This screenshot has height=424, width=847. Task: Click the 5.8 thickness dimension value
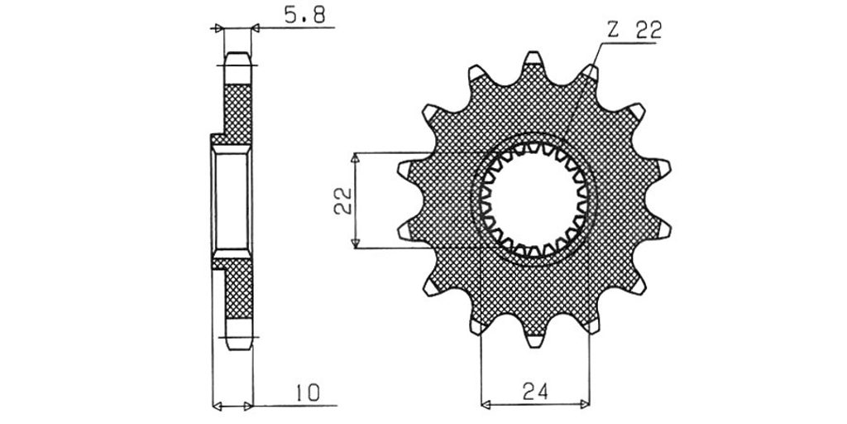tap(304, 15)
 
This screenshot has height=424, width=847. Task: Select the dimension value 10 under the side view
tap(308, 393)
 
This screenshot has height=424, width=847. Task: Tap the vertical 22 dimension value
tap(343, 201)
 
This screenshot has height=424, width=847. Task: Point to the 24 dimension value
tap(535, 391)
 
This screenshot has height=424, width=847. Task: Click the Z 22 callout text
tap(634, 31)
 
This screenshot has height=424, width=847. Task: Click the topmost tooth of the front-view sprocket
tap(534, 58)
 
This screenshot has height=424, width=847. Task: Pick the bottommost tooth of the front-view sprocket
tap(534, 340)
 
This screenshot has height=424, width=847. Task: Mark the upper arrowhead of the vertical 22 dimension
tap(355, 158)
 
